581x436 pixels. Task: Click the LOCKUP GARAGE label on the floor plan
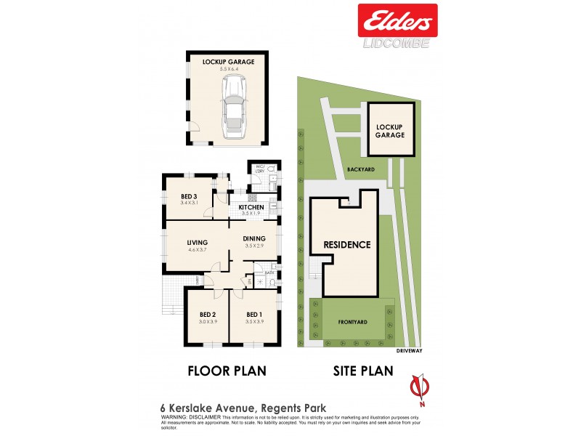pos(229,62)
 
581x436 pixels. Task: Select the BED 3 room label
pos(190,196)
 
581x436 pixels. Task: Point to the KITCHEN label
pos(251,208)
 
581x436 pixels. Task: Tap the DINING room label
pos(254,238)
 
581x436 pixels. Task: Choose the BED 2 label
pos(208,315)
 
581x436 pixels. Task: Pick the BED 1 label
pos(253,315)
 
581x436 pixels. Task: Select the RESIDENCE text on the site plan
pos(347,245)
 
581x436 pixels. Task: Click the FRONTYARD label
pos(353,320)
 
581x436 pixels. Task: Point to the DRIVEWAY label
pos(410,350)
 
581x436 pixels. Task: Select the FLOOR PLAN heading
pos(227,371)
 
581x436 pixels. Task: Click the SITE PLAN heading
pos(363,371)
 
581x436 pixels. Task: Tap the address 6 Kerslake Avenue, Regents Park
pos(224,408)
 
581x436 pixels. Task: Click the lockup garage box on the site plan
pos(391,129)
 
